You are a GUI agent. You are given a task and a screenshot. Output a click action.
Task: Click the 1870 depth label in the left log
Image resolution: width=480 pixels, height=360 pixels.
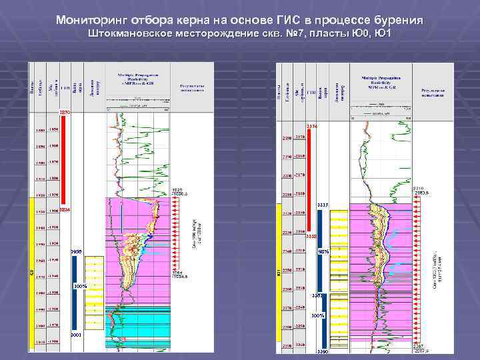tap(64, 113)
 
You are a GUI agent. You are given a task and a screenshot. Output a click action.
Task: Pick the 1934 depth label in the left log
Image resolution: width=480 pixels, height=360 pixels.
tap(64, 211)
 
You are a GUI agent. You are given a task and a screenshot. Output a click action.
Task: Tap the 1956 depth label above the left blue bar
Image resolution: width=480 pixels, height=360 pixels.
tap(75, 251)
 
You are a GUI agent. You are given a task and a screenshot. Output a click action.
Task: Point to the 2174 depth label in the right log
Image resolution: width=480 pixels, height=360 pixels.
tap(314, 126)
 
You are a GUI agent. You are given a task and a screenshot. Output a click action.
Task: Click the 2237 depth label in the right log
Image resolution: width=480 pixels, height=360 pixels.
tap(323, 205)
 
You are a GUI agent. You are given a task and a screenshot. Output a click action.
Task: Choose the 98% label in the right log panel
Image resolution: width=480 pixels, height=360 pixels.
tap(323, 251)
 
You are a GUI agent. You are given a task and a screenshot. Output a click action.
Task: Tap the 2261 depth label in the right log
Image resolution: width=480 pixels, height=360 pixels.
tap(318, 295)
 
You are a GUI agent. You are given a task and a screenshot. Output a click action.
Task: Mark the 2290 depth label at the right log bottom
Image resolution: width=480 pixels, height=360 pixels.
tap(323, 351)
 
